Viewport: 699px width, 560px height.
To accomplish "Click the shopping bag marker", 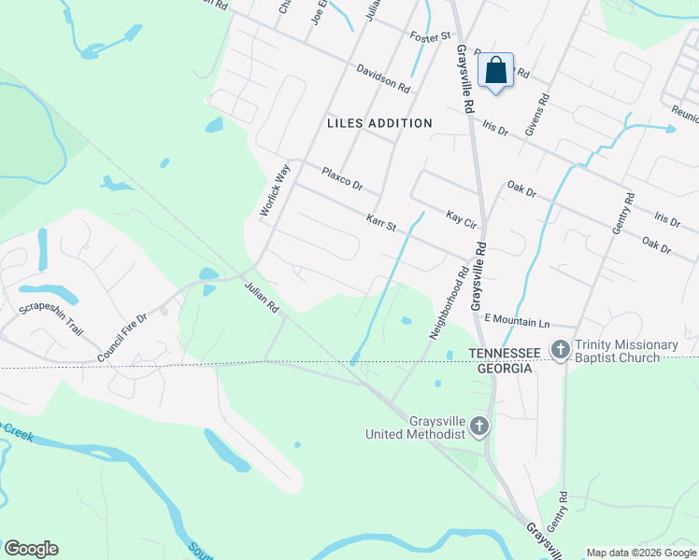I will coord(495,70).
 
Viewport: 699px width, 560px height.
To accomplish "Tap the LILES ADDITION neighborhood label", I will coord(379,123).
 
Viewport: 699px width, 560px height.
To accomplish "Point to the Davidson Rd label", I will coord(383,78).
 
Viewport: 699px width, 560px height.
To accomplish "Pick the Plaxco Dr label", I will coord(341,177).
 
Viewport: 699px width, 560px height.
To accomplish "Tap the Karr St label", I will coord(381,224).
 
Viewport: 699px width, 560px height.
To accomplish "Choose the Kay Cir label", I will coord(462,219).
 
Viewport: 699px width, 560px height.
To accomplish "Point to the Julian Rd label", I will coord(262,298).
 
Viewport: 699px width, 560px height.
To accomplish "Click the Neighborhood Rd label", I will coord(448,303).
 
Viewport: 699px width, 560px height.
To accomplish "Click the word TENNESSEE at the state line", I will coord(505,353).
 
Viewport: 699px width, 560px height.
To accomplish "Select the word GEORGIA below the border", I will coord(501,369).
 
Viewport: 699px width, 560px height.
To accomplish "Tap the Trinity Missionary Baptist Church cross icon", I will coord(561,349).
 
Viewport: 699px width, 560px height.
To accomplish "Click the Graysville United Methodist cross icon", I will coord(478,427).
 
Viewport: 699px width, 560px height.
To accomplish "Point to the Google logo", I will coord(31,549).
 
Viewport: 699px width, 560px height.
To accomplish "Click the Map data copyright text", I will coord(641,553).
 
